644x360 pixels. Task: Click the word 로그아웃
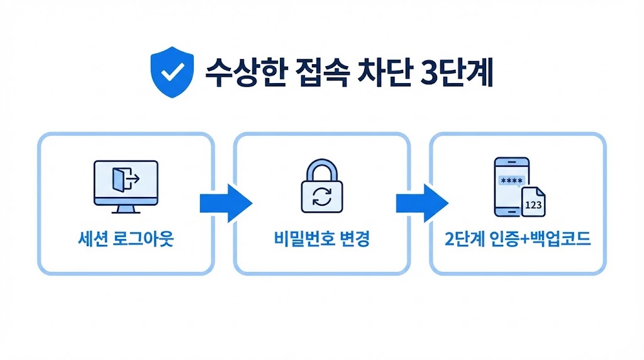[143, 240]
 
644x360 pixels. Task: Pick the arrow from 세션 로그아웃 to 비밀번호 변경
[225, 203]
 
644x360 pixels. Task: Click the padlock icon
[321, 187]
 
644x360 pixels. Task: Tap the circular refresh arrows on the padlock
[321, 196]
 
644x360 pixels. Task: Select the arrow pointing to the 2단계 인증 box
[421, 203]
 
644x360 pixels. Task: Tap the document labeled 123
[534, 201]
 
